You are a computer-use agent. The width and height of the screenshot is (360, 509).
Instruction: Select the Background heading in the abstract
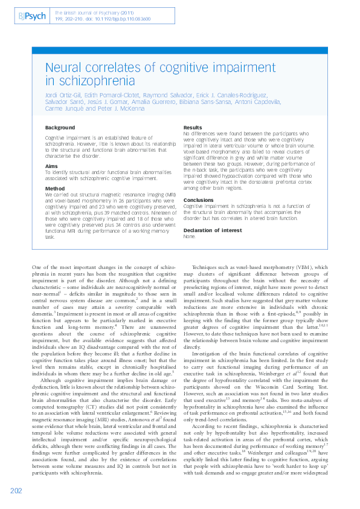pyautogui.click(x=60, y=128)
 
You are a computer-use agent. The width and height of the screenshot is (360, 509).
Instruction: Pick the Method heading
pyautogui.click(x=55, y=189)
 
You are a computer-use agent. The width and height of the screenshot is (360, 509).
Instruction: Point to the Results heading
pyautogui.click(x=193, y=128)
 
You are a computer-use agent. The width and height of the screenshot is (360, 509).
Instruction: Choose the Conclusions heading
pyautogui.click(x=199, y=199)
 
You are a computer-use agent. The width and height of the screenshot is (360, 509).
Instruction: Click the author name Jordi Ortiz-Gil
pyautogui.click(x=63, y=96)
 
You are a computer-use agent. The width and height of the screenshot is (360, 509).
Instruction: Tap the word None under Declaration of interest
pyautogui.click(x=189, y=236)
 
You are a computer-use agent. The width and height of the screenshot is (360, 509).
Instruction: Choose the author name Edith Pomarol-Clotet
pyautogui.click(x=111, y=96)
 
